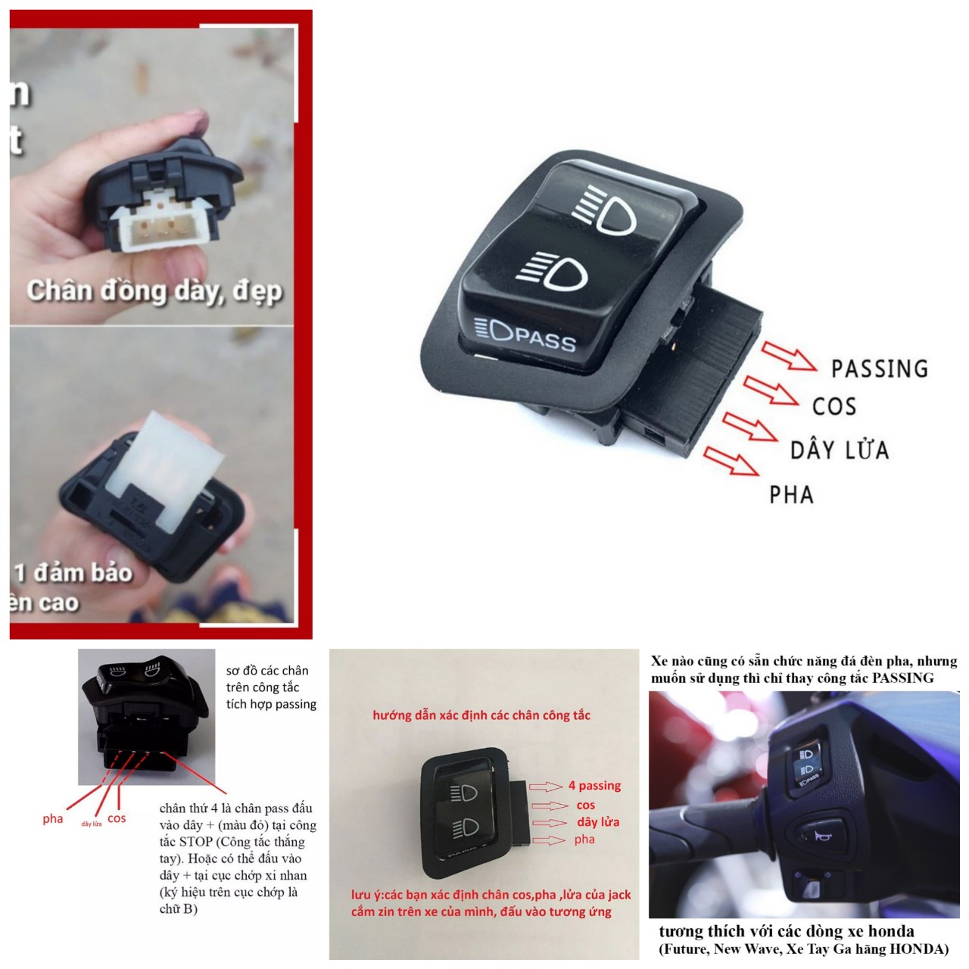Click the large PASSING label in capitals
879,369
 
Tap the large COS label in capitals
833,407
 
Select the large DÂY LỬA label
839,450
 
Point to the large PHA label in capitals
791,495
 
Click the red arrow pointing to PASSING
789,357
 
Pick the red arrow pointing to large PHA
731,461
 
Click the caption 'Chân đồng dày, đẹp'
154,291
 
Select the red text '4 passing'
594,786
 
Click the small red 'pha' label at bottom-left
53,818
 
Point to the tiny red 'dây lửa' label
92,824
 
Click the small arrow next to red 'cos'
550,805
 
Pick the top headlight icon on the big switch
605,213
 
